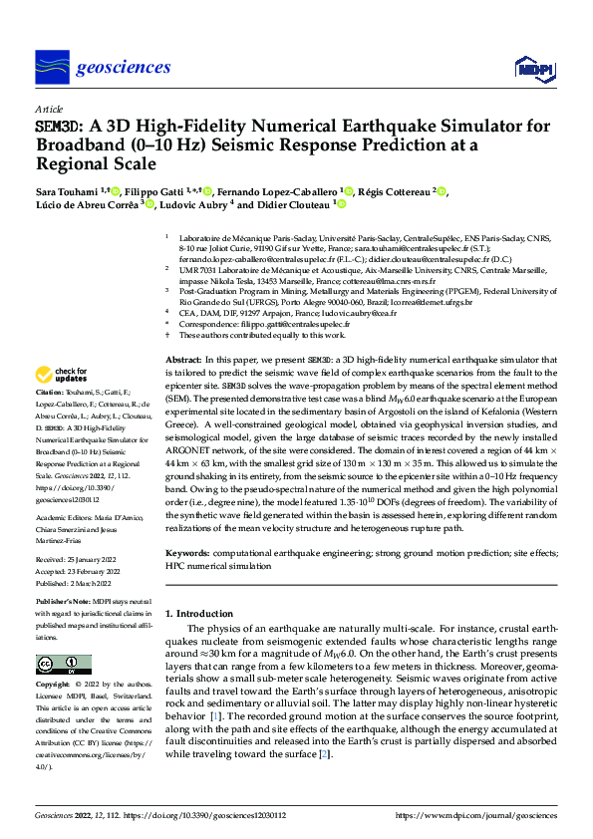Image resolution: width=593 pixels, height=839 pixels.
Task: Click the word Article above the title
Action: pos(49,109)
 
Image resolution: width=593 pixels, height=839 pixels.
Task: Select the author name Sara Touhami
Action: pos(69,191)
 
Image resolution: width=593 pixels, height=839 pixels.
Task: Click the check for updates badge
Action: pos(62,375)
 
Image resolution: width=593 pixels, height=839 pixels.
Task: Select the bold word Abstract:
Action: pos(183,359)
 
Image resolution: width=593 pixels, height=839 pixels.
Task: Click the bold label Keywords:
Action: pos(190,551)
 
